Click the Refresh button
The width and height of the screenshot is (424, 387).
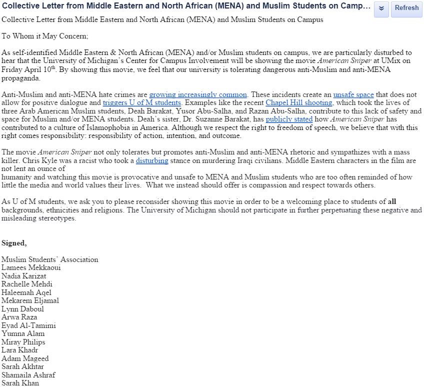point(406,8)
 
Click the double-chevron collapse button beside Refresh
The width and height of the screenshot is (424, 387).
point(381,8)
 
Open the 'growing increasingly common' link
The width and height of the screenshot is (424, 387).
point(198,94)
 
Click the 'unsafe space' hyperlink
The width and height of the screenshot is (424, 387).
point(353,94)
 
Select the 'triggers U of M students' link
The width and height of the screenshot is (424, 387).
point(141,103)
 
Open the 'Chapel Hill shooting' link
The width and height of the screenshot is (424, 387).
point(298,103)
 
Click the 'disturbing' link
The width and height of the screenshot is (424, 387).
point(152,160)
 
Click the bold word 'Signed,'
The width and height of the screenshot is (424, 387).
point(14,243)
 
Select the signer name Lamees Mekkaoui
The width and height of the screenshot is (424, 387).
point(31,267)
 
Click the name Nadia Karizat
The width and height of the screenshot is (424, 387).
point(23,276)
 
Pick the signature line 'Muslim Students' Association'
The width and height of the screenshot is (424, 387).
point(49,259)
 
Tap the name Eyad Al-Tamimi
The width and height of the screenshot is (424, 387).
point(28,325)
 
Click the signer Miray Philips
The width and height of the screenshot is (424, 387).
point(23,342)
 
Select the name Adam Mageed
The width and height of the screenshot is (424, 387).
point(25,358)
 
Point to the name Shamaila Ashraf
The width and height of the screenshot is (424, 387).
point(28,375)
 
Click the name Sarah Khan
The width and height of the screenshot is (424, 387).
point(20,383)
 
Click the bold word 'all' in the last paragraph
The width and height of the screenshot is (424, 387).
point(391,201)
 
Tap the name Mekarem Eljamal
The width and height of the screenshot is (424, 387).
point(30,300)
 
